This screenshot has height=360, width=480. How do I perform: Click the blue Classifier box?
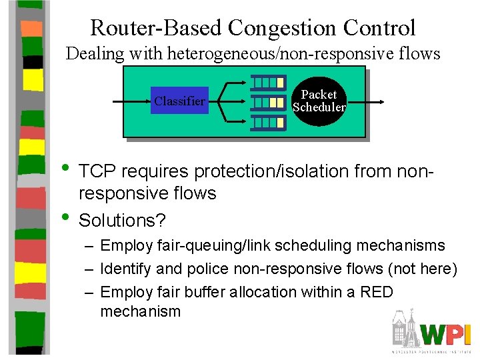click(179, 101)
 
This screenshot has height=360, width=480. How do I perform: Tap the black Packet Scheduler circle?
click(319, 101)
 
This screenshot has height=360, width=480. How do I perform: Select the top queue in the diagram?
click(267, 83)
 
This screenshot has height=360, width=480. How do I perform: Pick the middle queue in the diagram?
click(267, 102)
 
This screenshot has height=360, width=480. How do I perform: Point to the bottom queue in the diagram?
click(267, 122)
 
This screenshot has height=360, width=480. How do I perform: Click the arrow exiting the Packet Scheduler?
click(367, 102)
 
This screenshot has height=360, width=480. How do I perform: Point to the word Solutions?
click(122, 220)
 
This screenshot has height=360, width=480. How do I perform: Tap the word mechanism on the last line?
click(141, 311)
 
